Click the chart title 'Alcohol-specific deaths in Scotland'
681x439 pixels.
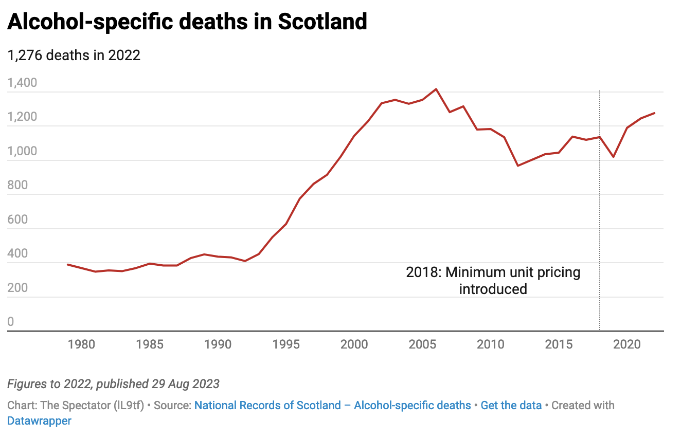tap(187, 22)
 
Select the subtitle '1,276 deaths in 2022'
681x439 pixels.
tap(74, 55)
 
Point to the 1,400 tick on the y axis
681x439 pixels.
tap(22, 83)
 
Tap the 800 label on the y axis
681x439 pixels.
tap(19, 185)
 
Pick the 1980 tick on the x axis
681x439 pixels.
tap(81, 344)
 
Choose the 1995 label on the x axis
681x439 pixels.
tap(286, 344)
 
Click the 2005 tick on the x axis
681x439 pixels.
tap(422, 344)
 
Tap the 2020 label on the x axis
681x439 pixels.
tap(627, 344)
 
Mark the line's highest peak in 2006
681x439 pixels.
tap(436, 89)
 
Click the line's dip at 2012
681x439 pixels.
tap(518, 166)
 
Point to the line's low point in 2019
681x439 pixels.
tap(614, 157)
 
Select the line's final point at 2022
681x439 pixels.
tap(654, 113)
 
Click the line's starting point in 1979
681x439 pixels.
tap(68, 264)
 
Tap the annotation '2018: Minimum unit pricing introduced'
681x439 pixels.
tap(493, 280)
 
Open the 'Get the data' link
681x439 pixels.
tap(511, 405)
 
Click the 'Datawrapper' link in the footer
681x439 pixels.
tap(40, 420)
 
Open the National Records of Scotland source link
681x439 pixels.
tap(332, 405)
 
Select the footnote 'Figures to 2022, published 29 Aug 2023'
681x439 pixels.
tap(113, 383)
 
